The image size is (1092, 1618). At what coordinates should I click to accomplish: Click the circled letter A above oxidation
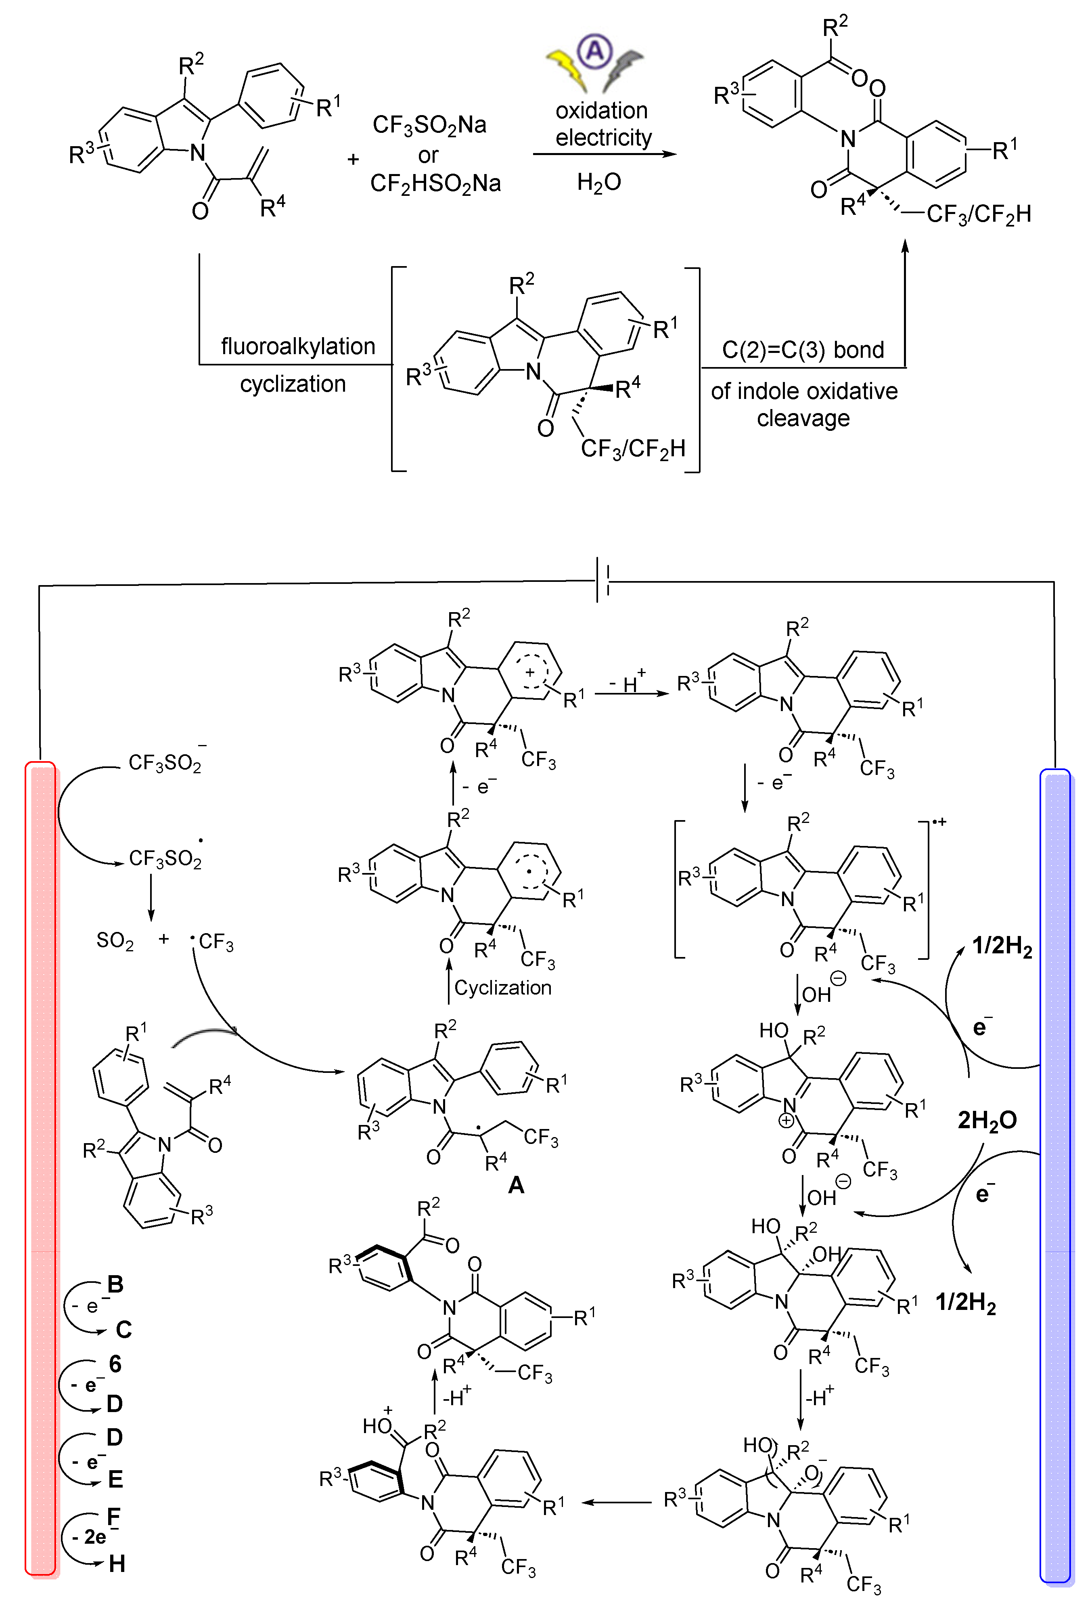[x=595, y=52]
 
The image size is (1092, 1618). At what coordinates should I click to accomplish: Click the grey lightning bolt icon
[x=623, y=69]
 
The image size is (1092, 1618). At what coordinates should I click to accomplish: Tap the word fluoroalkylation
[x=298, y=346]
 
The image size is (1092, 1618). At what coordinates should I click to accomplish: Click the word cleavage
[x=803, y=418]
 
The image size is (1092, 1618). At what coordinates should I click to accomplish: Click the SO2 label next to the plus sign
[x=115, y=941]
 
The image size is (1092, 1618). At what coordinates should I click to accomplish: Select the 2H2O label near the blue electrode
[x=987, y=1120]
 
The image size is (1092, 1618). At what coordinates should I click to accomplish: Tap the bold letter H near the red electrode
[x=117, y=1564]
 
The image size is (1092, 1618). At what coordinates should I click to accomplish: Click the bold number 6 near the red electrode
[x=115, y=1364]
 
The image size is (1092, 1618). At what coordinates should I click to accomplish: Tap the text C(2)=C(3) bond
[x=803, y=350]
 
